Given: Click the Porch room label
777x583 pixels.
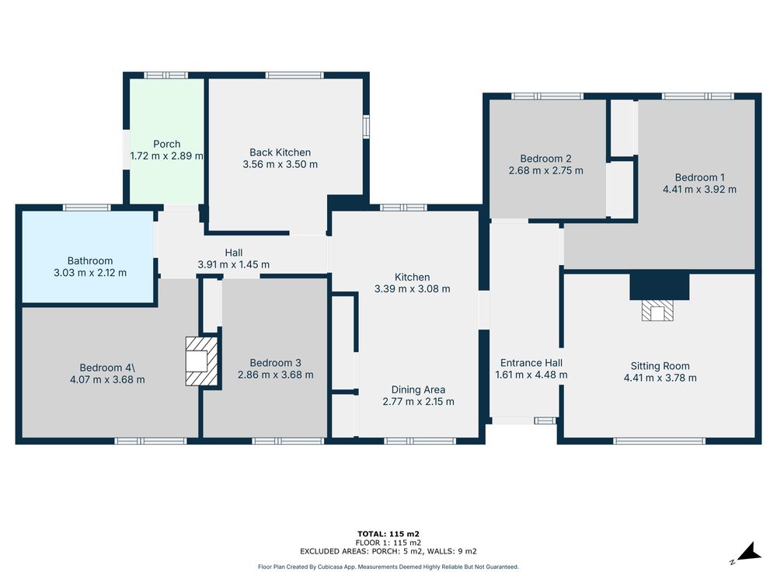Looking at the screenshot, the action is point(166,145).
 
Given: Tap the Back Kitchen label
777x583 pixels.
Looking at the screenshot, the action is point(280,152).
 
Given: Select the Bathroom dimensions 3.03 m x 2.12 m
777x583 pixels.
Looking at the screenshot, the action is point(90,273).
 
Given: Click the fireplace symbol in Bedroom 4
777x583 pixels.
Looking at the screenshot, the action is point(202,361).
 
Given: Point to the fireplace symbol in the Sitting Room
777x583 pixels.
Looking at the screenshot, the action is point(657,311).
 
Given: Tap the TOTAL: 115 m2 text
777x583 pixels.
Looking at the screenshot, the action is point(388,534).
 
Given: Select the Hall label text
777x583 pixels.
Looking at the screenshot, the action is point(234,253).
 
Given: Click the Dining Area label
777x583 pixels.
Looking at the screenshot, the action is point(418,389).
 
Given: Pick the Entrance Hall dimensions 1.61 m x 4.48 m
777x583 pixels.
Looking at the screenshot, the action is point(531,375).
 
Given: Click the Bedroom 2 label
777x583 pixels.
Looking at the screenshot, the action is point(545,159).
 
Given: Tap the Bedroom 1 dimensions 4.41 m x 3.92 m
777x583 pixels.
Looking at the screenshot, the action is point(700,190).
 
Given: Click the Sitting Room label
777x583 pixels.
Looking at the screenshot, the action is point(660,366).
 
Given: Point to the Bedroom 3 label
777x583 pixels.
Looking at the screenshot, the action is point(276,363).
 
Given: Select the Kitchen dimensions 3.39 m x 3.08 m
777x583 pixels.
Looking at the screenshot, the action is point(413,289).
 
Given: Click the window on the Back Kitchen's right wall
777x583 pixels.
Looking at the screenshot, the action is point(366,126).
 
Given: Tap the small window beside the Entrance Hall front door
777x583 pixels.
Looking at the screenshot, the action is point(545,421).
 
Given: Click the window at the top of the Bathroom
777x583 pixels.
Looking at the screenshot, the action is point(87,208).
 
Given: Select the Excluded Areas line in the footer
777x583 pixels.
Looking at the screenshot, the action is point(388,551).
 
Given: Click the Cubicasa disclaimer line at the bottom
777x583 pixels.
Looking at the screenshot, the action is point(388,567).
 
